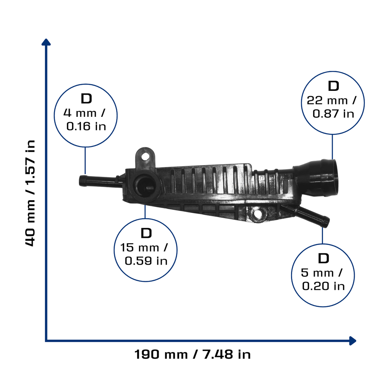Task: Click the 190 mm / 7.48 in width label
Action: tap(193, 354)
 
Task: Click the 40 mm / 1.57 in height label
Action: tap(30, 193)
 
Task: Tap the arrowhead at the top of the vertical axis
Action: tap(46, 42)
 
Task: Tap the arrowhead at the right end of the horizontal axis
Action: tap(352, 341)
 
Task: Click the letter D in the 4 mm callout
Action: tap(86, 99)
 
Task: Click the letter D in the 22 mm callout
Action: tap(334, 86)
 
